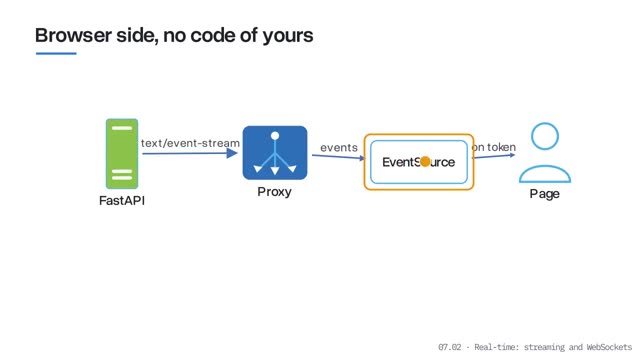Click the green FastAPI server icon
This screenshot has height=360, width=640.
tap(122, 154)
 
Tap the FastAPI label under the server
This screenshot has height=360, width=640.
tap(122, 200)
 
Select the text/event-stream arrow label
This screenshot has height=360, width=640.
tap(190, 143)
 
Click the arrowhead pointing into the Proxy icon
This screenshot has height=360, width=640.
tap(232, 153)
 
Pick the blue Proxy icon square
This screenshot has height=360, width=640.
tap(275, 153)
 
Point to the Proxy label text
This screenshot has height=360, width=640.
tap(274, 192)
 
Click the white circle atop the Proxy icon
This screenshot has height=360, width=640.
tap(275, 136)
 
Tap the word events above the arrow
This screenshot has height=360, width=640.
tap(339, 147)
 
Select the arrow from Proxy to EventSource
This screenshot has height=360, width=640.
tap(338, 157)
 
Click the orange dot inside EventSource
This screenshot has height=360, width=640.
tap(425, 162)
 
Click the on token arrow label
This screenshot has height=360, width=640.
tap(493, 147)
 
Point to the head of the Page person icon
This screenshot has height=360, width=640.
tap(545, 136)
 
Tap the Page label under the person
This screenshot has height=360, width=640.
tap(544, 193)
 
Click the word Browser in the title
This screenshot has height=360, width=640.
tap(73, 35)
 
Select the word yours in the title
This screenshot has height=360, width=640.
tap(288, 36)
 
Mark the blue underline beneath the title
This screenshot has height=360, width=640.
tap(56, 53)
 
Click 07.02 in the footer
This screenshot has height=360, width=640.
tap(449, 347)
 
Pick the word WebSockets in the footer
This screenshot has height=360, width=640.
tap(609, 347)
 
